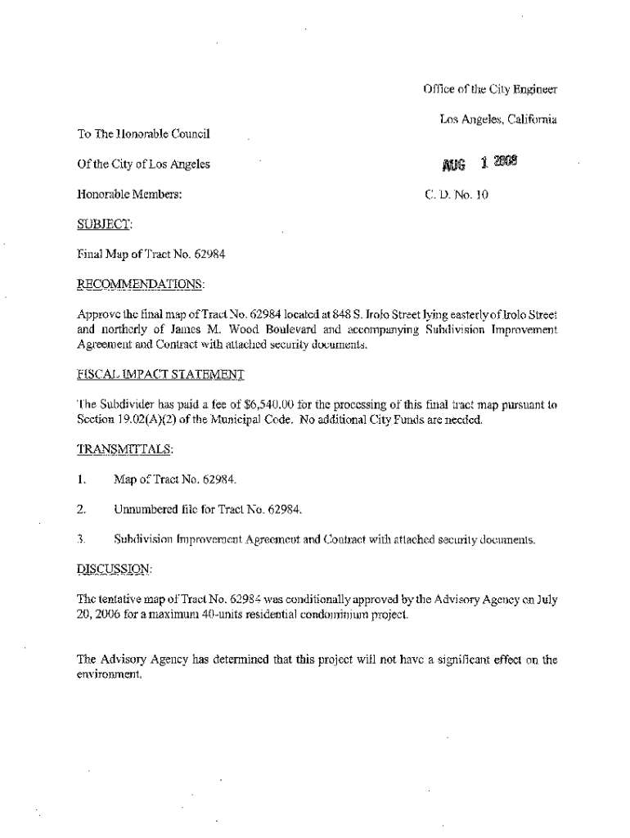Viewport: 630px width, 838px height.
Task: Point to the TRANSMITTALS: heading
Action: coord(125,448)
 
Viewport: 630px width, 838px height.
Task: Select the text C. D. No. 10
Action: coord(457,195)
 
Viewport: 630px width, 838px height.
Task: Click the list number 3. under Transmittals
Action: coord(81,539)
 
